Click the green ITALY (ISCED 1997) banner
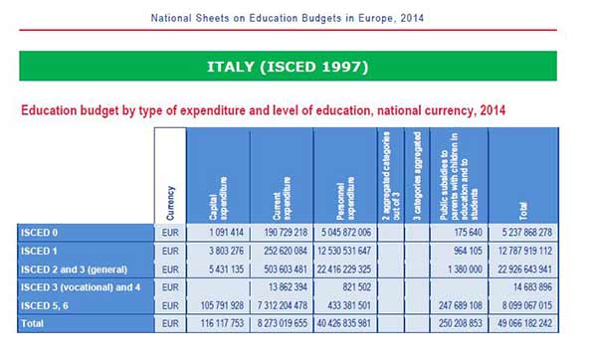[298, 66]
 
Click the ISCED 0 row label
[41, 232]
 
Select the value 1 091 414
[217, 232]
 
